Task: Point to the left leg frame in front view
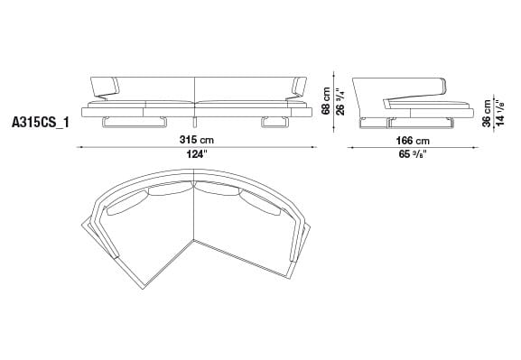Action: coord(116,123)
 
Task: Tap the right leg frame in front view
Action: coord(278,123)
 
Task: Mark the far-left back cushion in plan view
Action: coord(118,208)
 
